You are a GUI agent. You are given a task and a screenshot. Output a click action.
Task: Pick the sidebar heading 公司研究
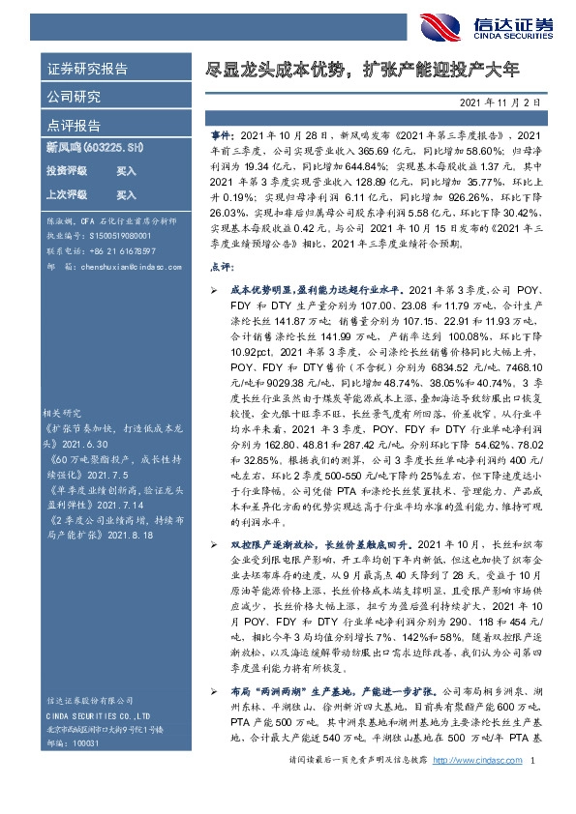(x=73, y=97)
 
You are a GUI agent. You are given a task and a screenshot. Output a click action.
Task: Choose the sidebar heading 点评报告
(x=73, y=126)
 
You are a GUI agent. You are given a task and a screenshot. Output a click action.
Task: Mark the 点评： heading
(x=221, y=264)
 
